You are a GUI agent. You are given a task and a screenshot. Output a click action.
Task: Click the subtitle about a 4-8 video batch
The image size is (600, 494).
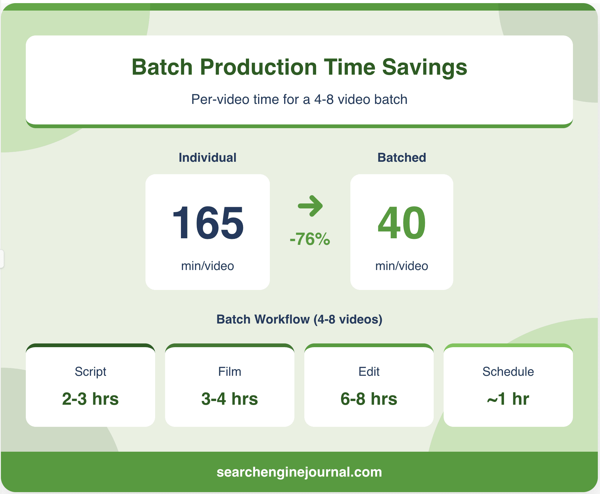pyautogui.click(x=299, y=100)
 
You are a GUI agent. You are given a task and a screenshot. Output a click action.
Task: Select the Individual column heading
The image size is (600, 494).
pyautogui.click(x=207, y=157)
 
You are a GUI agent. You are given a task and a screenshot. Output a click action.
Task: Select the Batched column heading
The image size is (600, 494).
pyautogui.click(x=402, y=157)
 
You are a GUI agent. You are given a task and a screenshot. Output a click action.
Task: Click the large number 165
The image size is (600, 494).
pyautogui.click(x=208, y=223)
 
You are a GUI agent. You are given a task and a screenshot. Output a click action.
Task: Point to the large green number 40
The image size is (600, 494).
pyautogui.click(x=402, y=223)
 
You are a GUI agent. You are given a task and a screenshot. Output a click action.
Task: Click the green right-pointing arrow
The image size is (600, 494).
pyautogui.click(x=310, y=206)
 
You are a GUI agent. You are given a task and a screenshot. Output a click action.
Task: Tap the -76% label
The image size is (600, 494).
pyautogui.click(x=310, y=239)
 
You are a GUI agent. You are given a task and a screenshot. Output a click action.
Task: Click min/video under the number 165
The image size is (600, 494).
pyautogui.click(x=207, y=266)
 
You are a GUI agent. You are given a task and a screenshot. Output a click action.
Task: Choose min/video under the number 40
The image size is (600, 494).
pyautogui.click(x=402, y=266)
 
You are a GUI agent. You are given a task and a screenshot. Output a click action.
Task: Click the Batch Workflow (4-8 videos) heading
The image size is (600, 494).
pyautogui.click(x=299, y=319)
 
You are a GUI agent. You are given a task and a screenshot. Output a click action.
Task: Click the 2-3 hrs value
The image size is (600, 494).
pyautogui.click(x=90, y=399)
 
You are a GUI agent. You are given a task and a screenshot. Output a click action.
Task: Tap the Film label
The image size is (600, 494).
pyautogui.click(x=230, y=371)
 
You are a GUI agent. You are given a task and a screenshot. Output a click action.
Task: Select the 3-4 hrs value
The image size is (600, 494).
pyautogui.click(x=230, y=399)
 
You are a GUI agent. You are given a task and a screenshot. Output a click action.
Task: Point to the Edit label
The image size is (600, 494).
pyautogui.click(x=369, y=371)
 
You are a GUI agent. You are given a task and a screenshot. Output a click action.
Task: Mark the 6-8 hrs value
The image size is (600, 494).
pyautogui.click(x=369, y=399)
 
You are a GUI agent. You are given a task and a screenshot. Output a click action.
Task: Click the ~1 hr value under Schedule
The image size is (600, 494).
pyautogui.click(x=508, y=399)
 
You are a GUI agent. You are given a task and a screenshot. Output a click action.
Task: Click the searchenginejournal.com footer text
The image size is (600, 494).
pyautogui.click(x=299, y=472)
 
